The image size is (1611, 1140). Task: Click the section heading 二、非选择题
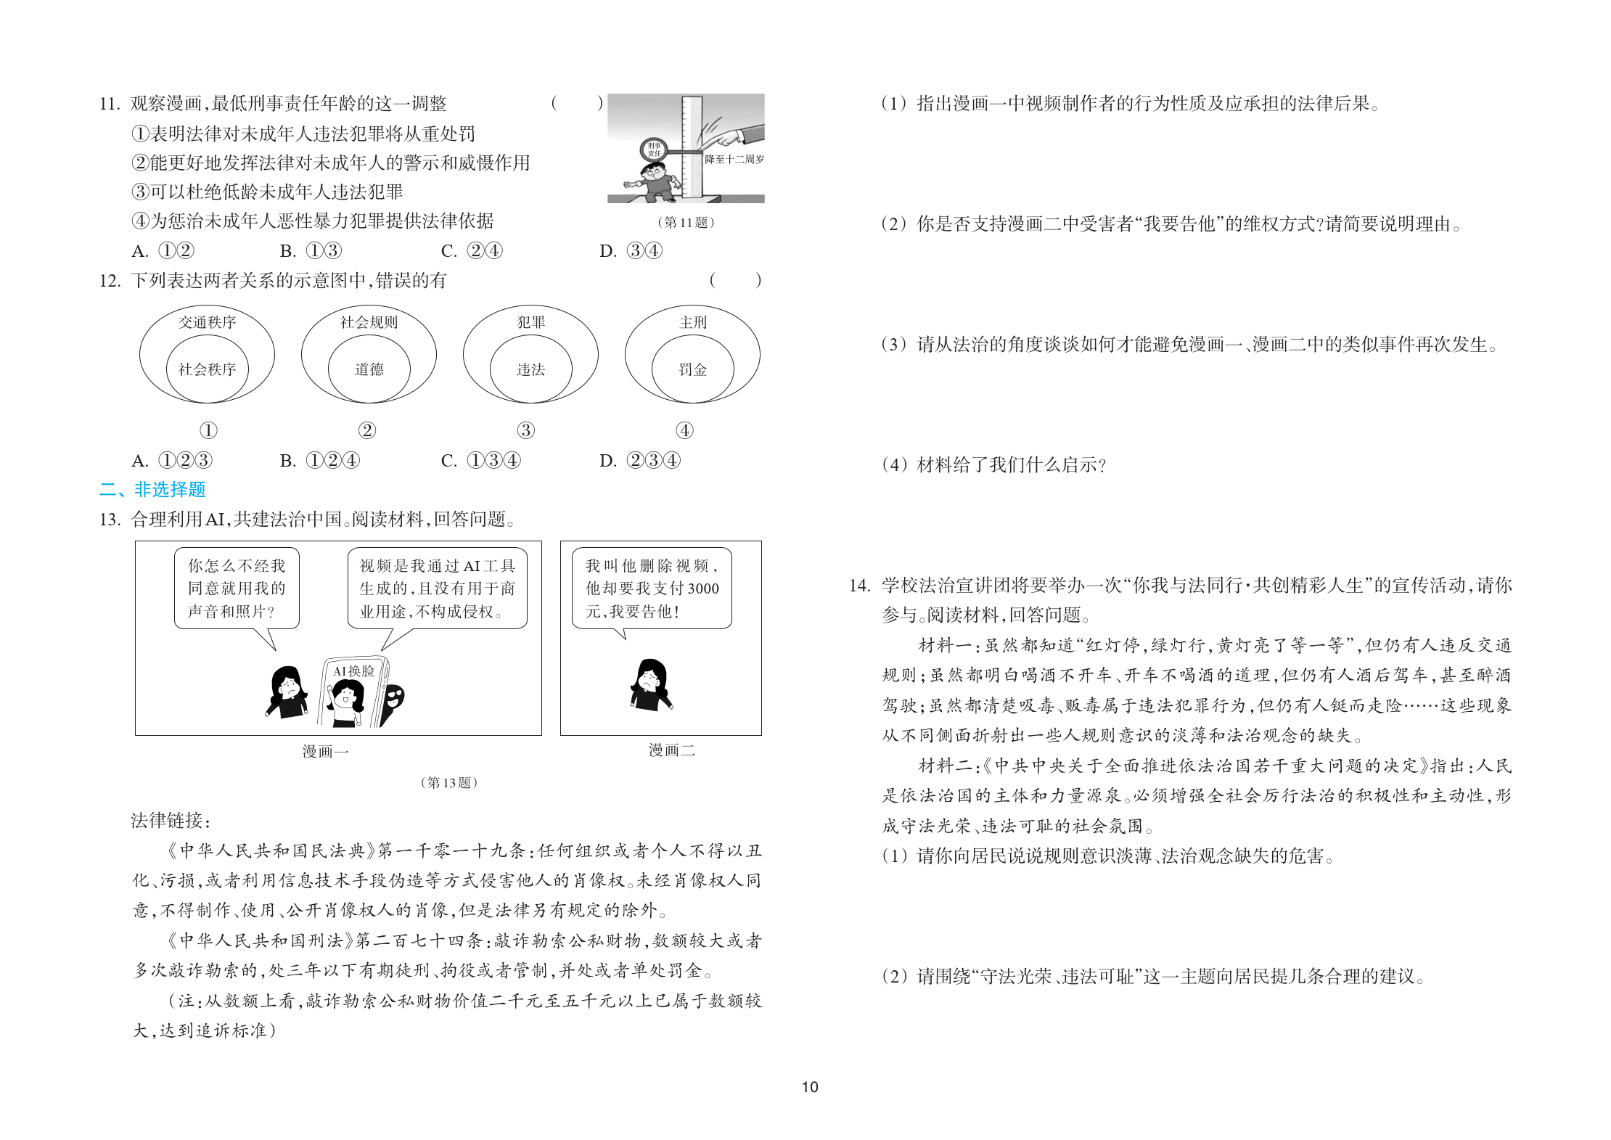coord(152,490)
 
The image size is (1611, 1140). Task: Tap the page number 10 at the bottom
coord(809,1087)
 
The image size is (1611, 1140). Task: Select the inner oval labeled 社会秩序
coord(207,369)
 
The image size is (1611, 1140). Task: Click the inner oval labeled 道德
coord(369,369)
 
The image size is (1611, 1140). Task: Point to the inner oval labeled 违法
coord(530,369)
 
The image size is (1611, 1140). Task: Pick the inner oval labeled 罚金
coord(692,369)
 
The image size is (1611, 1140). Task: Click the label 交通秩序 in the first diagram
coord(207,322)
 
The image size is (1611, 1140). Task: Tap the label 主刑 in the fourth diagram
coord(692,322)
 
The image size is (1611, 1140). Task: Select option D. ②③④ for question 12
coord(639,461)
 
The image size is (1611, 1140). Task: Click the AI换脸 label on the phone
coord(353,671)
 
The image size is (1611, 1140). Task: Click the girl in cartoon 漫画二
coord(651,685)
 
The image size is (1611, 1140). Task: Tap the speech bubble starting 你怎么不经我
coord(237,588)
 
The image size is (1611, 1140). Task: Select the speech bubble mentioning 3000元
coord(652,588)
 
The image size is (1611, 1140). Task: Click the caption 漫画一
coord(325,752)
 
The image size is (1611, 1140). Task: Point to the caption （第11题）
coord(686,222)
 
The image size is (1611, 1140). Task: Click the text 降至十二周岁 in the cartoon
coord(734,159)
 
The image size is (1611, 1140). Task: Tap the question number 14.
coord(859,586)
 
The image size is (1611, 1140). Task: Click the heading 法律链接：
coord(171,821)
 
